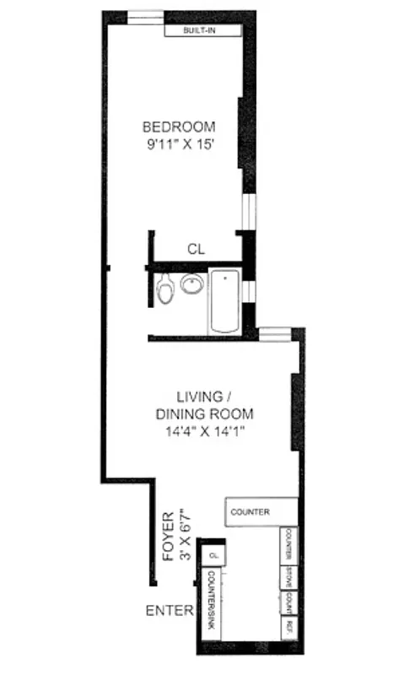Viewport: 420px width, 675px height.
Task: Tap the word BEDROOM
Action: [x=177, y=127]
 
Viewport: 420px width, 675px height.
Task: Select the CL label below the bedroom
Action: [x=196, y=249]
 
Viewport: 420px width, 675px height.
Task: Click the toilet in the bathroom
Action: [x=166, y=288]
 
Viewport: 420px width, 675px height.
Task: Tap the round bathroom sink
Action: [x=192, y=284]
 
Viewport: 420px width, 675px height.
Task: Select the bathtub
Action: [x=224, y=301]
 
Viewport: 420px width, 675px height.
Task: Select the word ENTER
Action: [x=169, y=610]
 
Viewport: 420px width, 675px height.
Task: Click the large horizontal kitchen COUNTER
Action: [x=260, y=511]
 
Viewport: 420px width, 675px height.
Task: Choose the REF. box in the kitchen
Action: [x=288, y=625]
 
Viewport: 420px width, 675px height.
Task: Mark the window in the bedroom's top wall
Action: [x=145, y=18]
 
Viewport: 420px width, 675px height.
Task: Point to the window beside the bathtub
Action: [x=248, y=290]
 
